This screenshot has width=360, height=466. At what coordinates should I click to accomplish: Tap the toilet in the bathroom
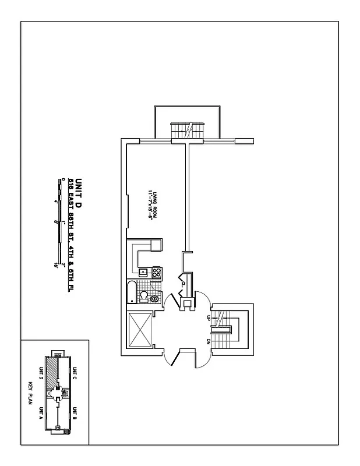(x=142, y=297)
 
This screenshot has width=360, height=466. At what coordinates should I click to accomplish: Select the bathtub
(x=131, y=291)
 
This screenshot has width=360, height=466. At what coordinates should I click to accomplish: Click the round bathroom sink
(x=154, y=299)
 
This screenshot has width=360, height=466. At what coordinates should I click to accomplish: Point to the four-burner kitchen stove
(x=156, y=271)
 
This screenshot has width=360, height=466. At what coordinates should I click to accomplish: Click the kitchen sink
(x=143, y=271)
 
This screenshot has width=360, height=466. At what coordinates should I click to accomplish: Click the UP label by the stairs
(x=208, y=318)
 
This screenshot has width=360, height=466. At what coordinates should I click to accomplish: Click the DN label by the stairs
(x=208, y=341)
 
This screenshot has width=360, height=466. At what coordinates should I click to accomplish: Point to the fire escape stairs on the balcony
(x=188, y=130)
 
